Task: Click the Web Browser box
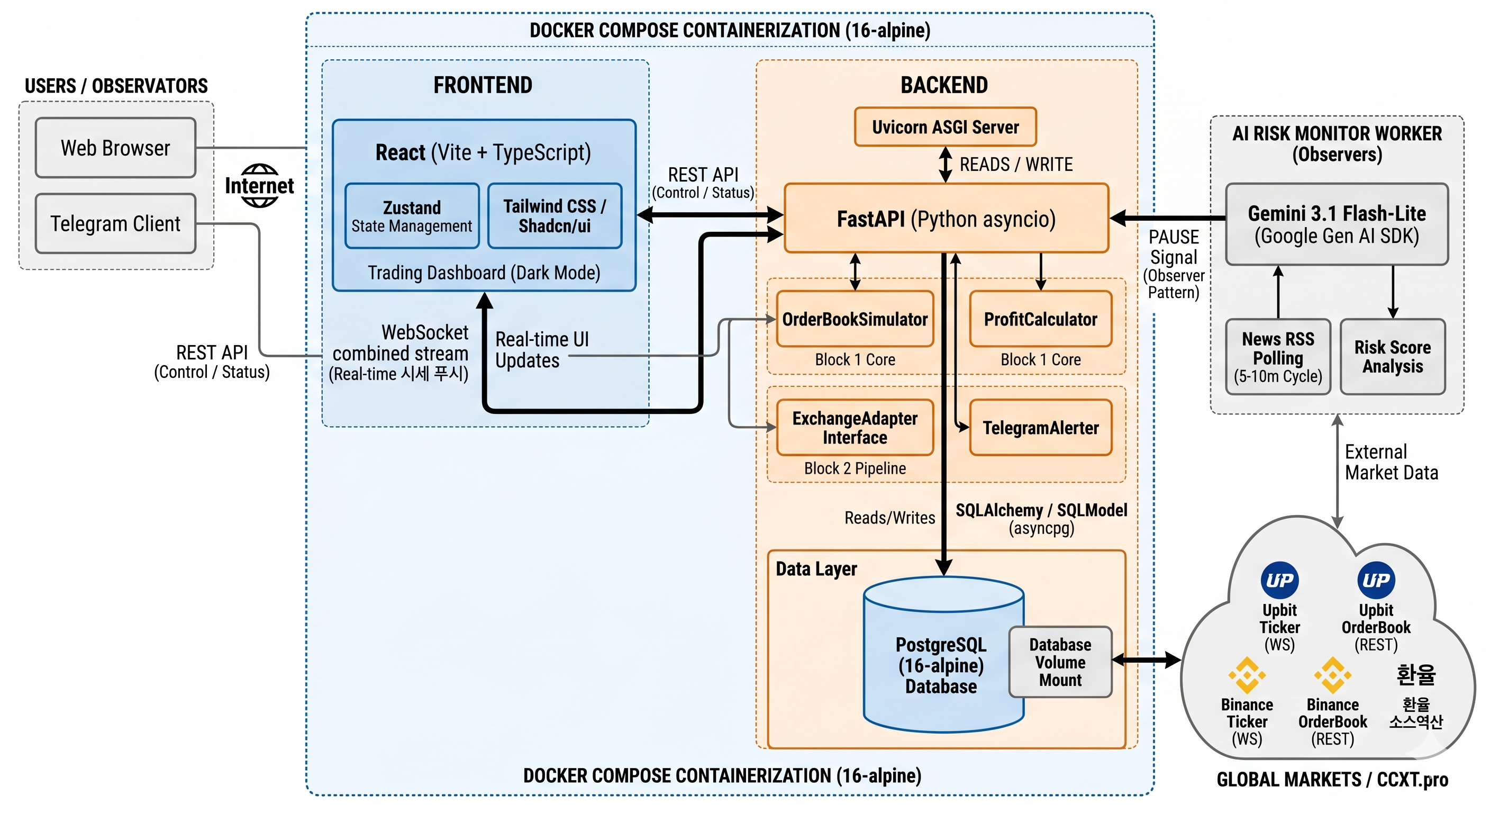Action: coord(116,148)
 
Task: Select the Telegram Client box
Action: coord(116,223)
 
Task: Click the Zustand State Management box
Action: coord(412,216)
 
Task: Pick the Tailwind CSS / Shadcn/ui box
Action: coord(555,216)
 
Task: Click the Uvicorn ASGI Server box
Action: coord(945,127)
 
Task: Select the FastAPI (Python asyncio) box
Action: coord(946,218)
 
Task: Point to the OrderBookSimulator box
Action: coord(855,319)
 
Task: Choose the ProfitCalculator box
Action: coord(1041,319)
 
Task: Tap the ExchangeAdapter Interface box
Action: coord(855,428)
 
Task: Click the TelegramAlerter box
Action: coord(1041,428)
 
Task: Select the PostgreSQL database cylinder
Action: coord(943,654)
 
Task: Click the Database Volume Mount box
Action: coord(1060,662)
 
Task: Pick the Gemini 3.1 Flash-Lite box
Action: coord(1337,224)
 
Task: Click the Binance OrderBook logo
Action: coord(1333,675)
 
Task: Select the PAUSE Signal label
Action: coord(1174,247)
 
